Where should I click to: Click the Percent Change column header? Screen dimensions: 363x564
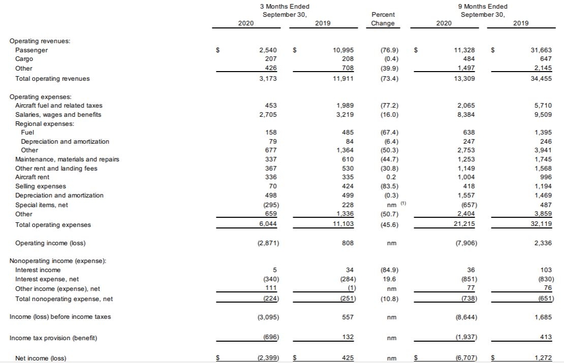coord(383,19)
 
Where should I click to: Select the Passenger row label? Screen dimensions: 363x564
coord(32,50)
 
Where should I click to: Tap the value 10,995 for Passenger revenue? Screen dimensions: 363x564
coord(343,50)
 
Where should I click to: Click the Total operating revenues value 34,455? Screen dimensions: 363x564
coord(541,79)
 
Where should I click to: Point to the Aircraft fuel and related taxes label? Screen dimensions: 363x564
coord(59,106)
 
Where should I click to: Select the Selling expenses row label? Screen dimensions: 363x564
coord(41,186)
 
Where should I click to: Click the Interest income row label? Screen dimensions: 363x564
coord(38,270)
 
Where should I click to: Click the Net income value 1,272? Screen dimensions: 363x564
coord(542,358)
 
